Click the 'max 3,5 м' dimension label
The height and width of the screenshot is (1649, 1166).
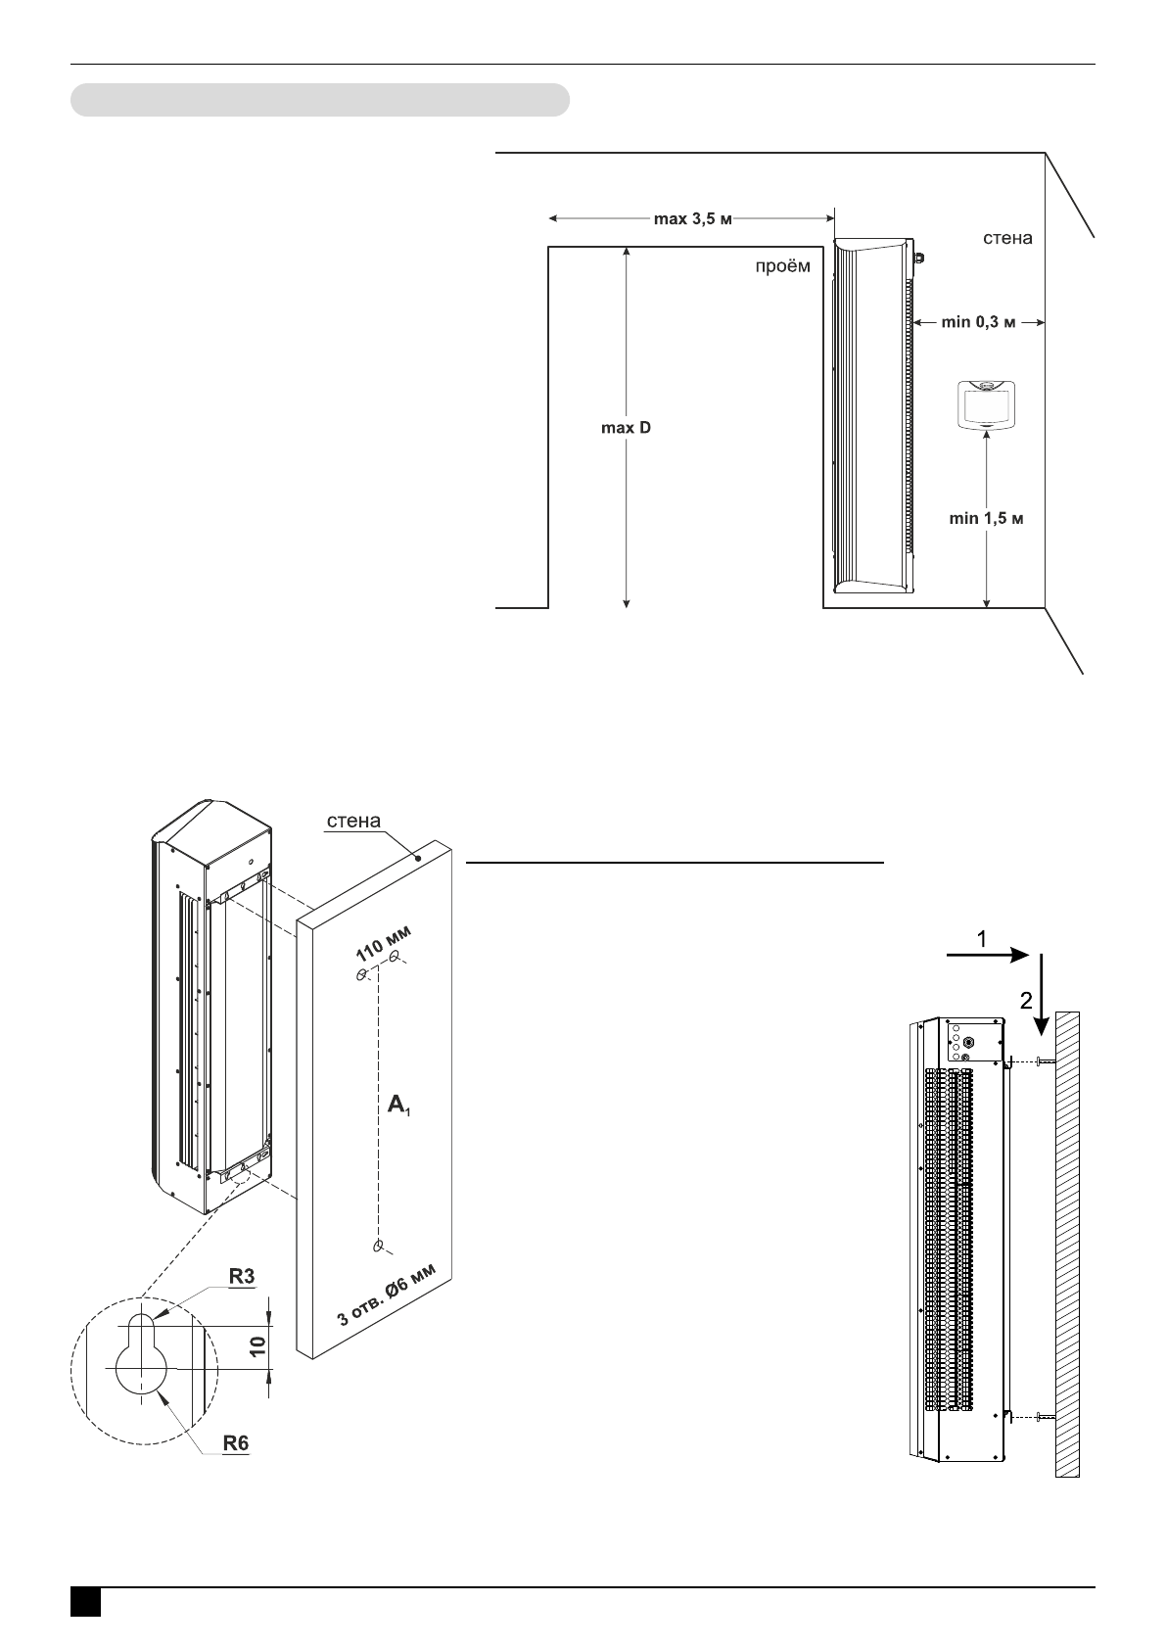point(692,219)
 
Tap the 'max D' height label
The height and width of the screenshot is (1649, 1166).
point(627,429)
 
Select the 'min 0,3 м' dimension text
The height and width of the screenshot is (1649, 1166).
point(976,321)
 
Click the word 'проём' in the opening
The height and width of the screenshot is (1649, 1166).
point(782,266)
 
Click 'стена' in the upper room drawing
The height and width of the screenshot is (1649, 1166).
point(1007,238)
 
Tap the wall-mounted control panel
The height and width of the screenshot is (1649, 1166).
point(985,402)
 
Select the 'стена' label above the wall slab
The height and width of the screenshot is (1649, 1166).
point(353,821)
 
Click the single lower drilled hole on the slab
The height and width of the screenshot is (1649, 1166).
point(379,1246)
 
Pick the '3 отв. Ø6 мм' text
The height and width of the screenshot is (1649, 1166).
point(394,1295)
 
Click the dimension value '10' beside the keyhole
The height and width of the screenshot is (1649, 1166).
point(257,1345)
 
